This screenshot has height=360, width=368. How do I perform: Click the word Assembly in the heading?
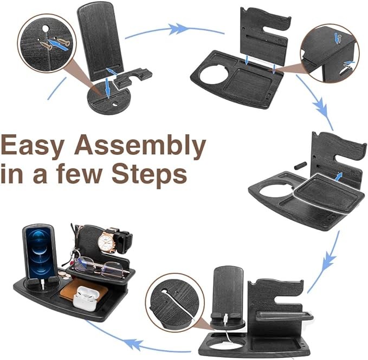(x=140, y=146)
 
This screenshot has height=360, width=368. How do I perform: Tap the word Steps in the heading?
(x=150, y=175)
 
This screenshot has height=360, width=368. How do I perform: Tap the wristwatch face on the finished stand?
(x=105, y=242)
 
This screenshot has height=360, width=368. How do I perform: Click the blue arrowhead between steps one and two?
(x=178, y=29)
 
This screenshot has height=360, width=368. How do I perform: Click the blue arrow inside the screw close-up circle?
(x=58, y=45)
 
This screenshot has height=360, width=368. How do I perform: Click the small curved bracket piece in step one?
(x=133, y=77)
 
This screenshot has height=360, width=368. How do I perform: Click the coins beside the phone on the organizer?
(x=64, y=275)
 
